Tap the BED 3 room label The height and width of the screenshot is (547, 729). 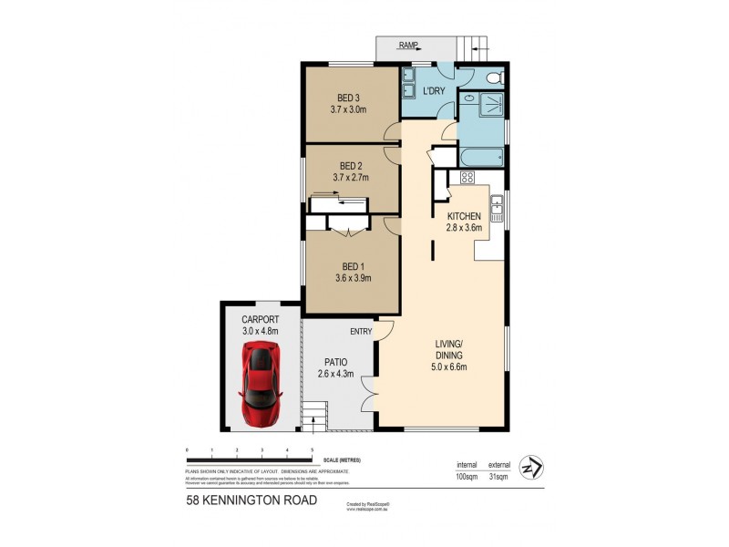coord(348,98)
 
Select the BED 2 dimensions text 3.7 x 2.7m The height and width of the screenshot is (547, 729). coord(351,178)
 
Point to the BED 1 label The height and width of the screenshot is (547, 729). coord(350,265)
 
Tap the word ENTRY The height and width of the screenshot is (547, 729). coord(359,333)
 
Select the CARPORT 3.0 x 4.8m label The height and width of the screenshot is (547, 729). coord(259,325)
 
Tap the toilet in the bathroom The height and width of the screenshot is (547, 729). coord(494,79)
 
